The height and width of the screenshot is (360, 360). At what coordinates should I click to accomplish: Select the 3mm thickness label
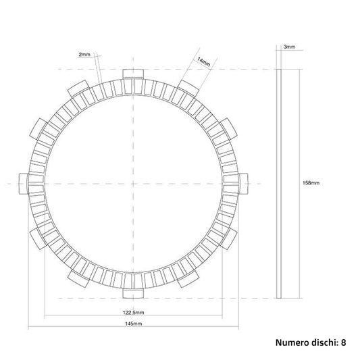289,47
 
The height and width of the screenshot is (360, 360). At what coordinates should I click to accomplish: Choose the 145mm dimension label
133,324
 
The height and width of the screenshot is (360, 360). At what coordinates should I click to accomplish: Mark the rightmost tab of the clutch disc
243,183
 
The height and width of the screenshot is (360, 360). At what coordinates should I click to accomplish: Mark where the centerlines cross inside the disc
133,183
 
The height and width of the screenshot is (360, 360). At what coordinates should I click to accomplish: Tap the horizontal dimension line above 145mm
133,328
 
